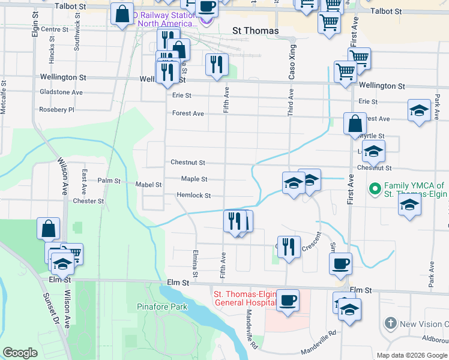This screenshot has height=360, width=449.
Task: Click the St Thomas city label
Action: (255, 31)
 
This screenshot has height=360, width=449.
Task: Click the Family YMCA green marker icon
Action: (376, 190)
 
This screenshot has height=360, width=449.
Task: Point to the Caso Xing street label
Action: (293, 62)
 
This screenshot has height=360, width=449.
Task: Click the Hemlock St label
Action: (193, 196)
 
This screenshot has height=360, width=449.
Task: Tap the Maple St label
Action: (194, 179)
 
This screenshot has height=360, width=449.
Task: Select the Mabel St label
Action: (149, 185)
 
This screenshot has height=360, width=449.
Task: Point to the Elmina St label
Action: (195, 262)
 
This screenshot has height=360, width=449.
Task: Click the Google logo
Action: (20, 353)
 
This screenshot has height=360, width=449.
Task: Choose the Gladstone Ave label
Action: (61, 92)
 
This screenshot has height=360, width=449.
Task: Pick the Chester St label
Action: (89, 201)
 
